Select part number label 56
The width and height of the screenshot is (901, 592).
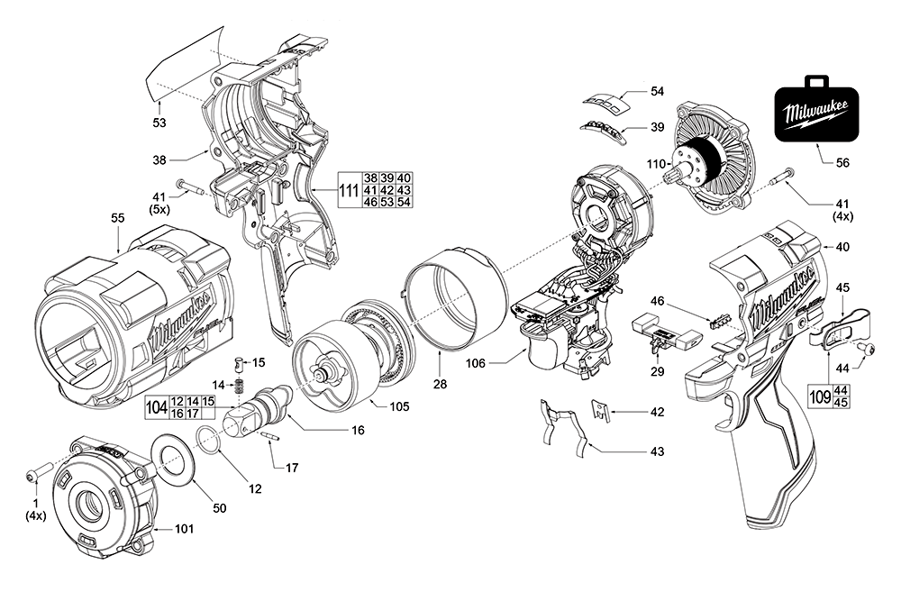pos(842,164)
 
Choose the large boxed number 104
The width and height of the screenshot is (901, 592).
pos(157,406)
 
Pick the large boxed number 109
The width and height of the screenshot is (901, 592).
pos(819,396)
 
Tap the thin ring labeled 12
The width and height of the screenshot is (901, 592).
pos(208,444)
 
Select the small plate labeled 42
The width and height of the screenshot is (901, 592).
pos(601,411)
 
